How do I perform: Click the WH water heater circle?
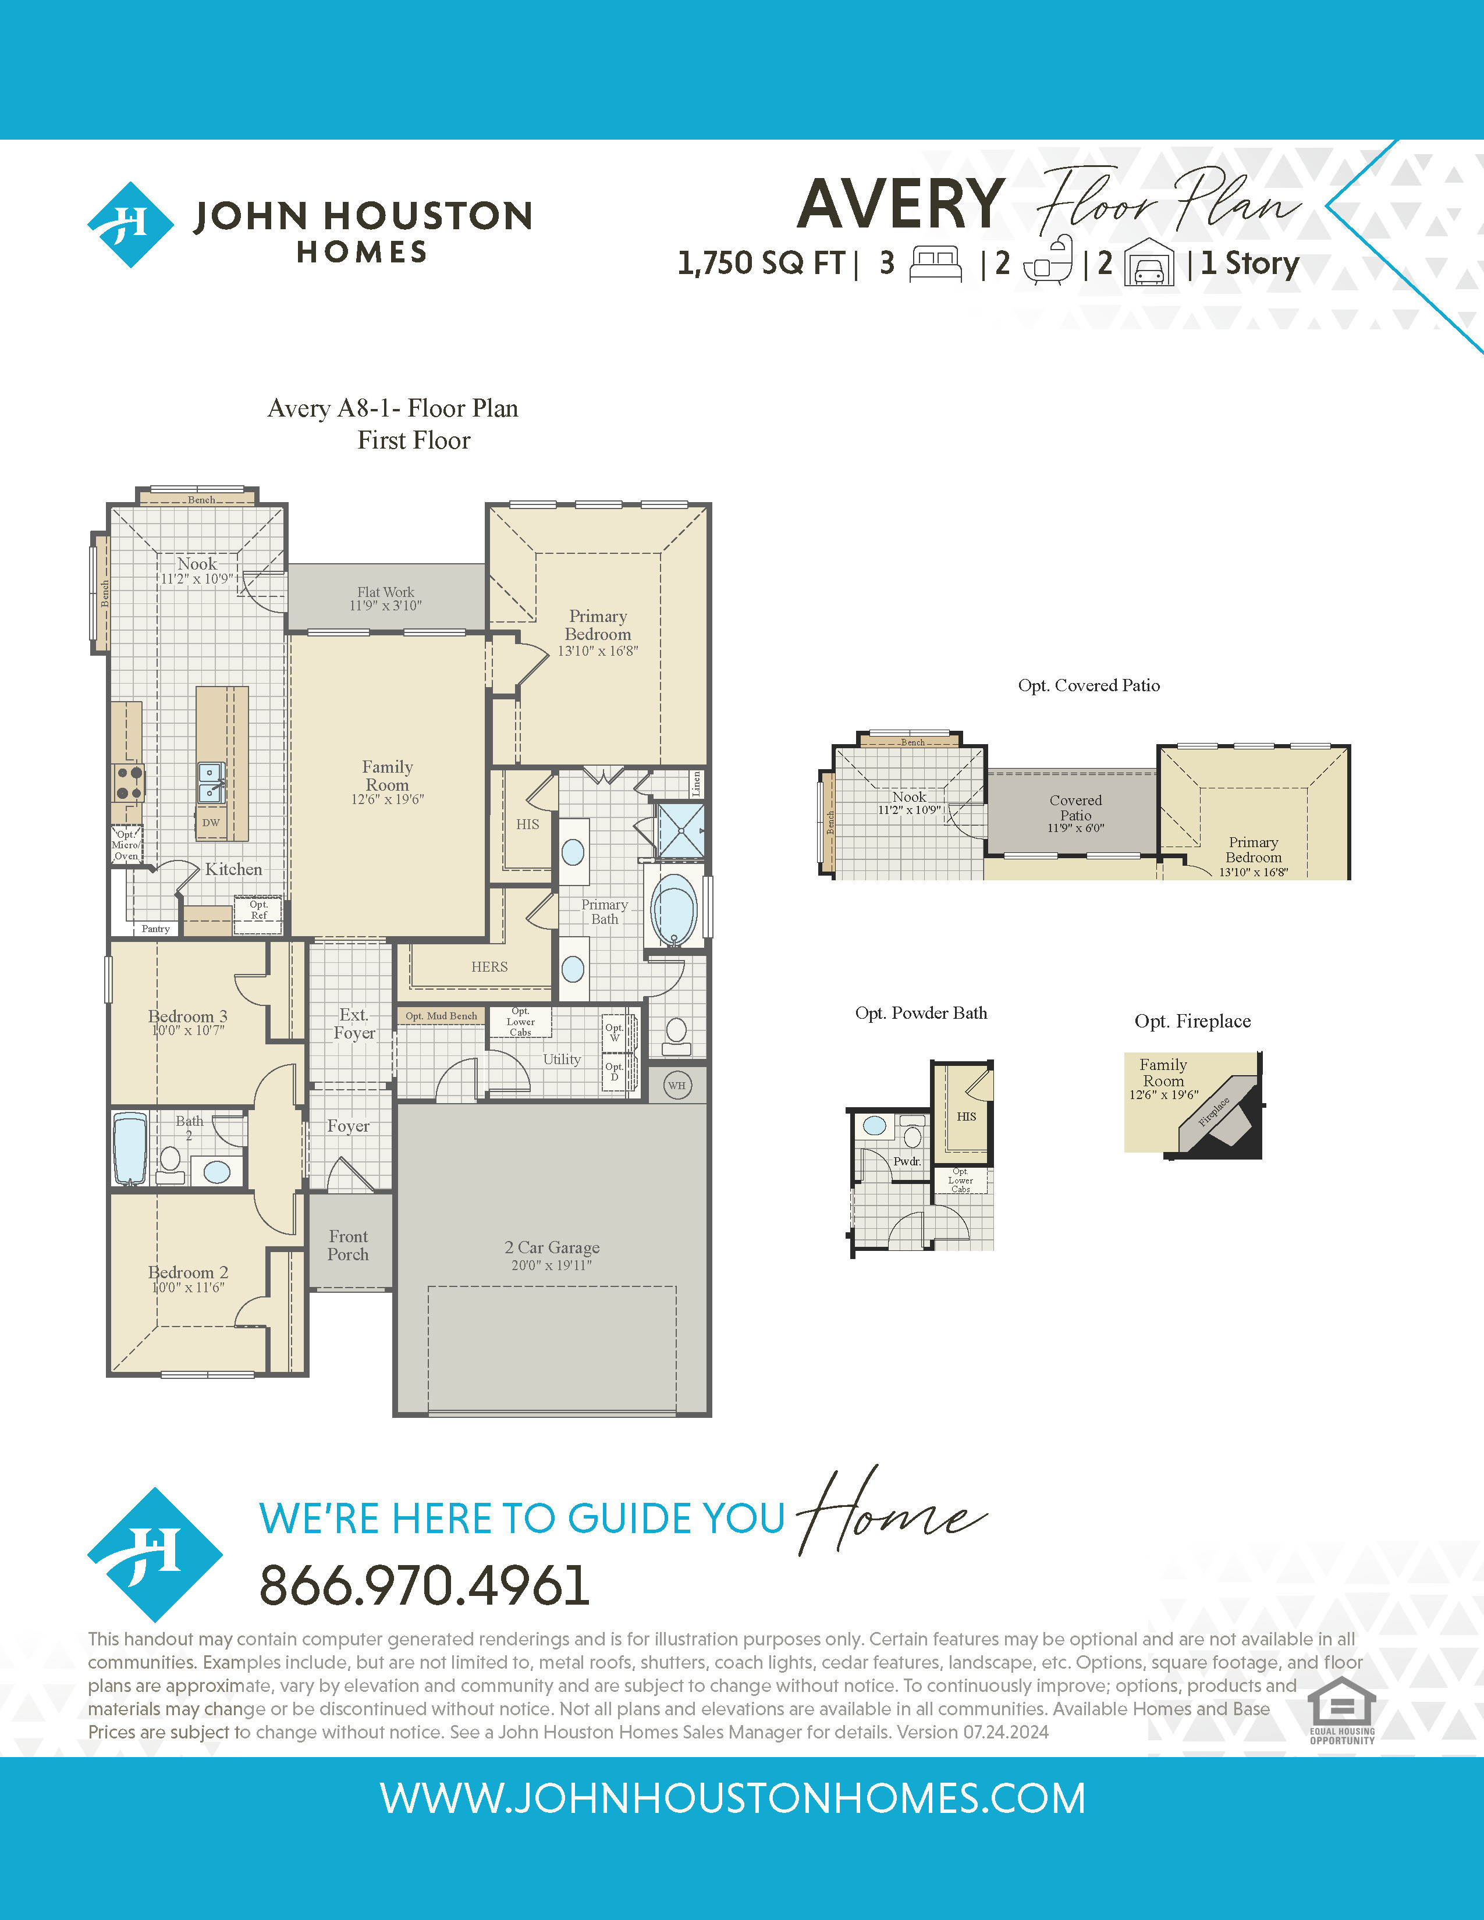[x=676, y=1085]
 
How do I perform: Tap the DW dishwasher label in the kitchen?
[x=211, y=823]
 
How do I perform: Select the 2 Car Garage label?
[x=552, y=1247]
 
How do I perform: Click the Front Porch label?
[x=348, y=1246]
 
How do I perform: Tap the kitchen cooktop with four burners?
[x=129, y=783]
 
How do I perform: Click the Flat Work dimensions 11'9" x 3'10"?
[x=386, y=606]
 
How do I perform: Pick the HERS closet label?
[x=489, y=967]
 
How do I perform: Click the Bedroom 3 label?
[x=187, y=1016]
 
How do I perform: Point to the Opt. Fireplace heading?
[x=1192, y=1021]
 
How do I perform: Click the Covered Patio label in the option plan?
[x=1076, y=807]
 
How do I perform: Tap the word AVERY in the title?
[x=901, y=204]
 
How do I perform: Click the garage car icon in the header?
[x=1149, y=262]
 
